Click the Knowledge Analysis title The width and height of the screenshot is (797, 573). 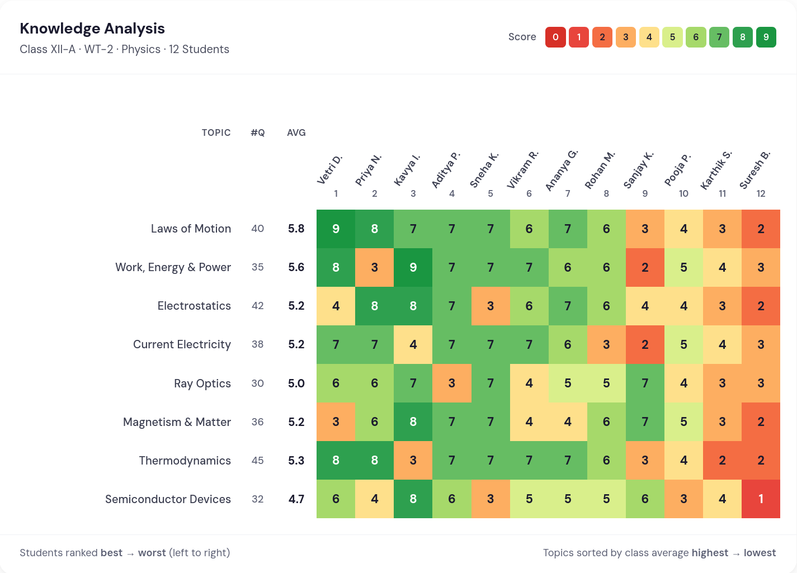click(x=92, y=29)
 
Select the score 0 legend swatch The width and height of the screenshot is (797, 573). click(x=555, y=37)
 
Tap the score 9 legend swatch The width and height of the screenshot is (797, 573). click(x=766, y=37)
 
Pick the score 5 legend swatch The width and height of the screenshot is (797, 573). click(x=672, y=37)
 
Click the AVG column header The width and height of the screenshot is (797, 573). click(x=296, y=132)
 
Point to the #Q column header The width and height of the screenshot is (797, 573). click(x=257, y=132)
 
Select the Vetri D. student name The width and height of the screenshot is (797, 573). click(x=329, y=170)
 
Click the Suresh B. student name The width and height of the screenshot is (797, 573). click(x=754, y=170)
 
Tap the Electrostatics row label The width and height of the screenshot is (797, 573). click(x=194, y=306)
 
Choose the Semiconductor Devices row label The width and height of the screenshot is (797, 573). click(x=168, y=499)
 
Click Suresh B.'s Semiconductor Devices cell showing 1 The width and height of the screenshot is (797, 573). click(x=761, y=499)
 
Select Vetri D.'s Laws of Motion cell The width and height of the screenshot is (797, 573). click(x=336, y=229)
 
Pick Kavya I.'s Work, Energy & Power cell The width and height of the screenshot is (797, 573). click(x=413, y=267)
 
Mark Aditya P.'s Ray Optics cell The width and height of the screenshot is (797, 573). click(x=451, y=383)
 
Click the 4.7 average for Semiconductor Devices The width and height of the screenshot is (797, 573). click(x=296, y=499)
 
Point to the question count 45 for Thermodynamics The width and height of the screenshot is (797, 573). click(x=257, y=461)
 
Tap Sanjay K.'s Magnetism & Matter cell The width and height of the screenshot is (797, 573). click(x=645, y=422)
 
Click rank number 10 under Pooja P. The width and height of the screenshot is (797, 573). click(x=683, y=193)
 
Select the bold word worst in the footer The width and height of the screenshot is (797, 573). click(x=152, y=553)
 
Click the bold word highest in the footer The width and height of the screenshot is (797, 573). click(x=710, y=553)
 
